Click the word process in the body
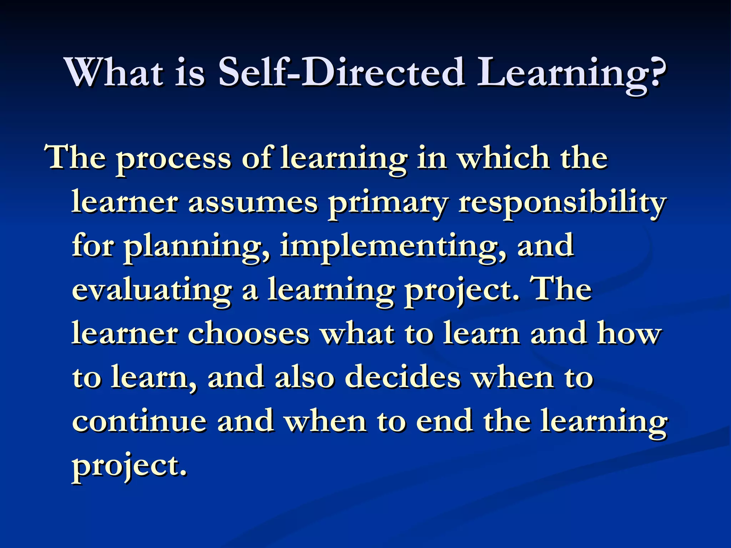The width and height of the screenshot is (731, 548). pos(174,159)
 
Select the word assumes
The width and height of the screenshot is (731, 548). pos(253,203)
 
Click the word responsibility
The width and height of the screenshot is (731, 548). pos(562,203)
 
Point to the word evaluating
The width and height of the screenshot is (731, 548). pos(152,291)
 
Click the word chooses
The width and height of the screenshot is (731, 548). pos(248,334)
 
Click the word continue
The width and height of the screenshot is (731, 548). pos(140,421)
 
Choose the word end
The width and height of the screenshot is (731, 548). pos(444,421)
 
